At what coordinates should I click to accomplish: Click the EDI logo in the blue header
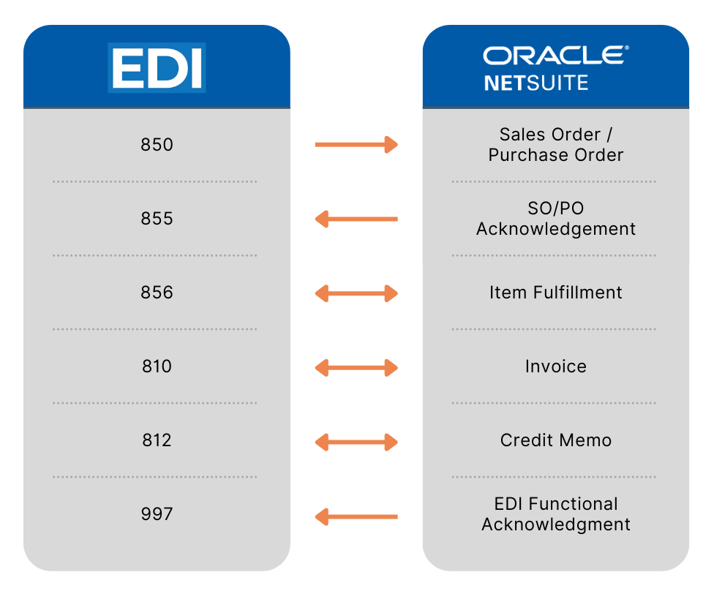pyautogui.click(x=157, y=67)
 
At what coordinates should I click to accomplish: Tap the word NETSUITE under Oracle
pyautogui.click(x=535, y=82)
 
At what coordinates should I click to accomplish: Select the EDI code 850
pyautogui.click(x=157, y=145)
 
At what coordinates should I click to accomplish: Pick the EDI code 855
pyautogui.click(x=157, y=219)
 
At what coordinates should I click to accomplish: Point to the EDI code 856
pyautogui.click(x=157, y=293)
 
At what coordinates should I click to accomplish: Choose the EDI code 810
pyautogui.click(x=157, y=366)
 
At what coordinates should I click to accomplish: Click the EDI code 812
pyautogui.click(x=157, y=440)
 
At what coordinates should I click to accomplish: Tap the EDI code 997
pyautogui.click(x=157, y=514)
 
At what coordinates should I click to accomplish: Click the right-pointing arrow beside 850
pyautogui.click(x=356, y=145)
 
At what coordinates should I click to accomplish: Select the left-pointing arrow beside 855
pyautogui.click(x=356, y=219)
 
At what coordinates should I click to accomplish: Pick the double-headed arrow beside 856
pyautogui.click(x=356, y=294)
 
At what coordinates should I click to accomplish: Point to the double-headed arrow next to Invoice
pyautogui.click(x=356, y=368)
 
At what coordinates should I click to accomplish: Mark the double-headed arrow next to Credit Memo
pyautogui.click(x=356, y=442)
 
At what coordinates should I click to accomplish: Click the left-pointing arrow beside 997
pyautogui.click(x=356, y=517)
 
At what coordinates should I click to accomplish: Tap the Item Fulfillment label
pyautogui.click(x=556, y=293)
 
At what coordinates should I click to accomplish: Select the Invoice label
pyautogui.click(x=556, y=366)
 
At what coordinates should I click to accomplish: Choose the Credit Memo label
pyautogui.click(x=556, y=440)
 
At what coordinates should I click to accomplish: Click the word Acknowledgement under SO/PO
pyautogui.click(x=556, y=229)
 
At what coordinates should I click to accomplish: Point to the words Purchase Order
pyautogui.click(x=556, y=155)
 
